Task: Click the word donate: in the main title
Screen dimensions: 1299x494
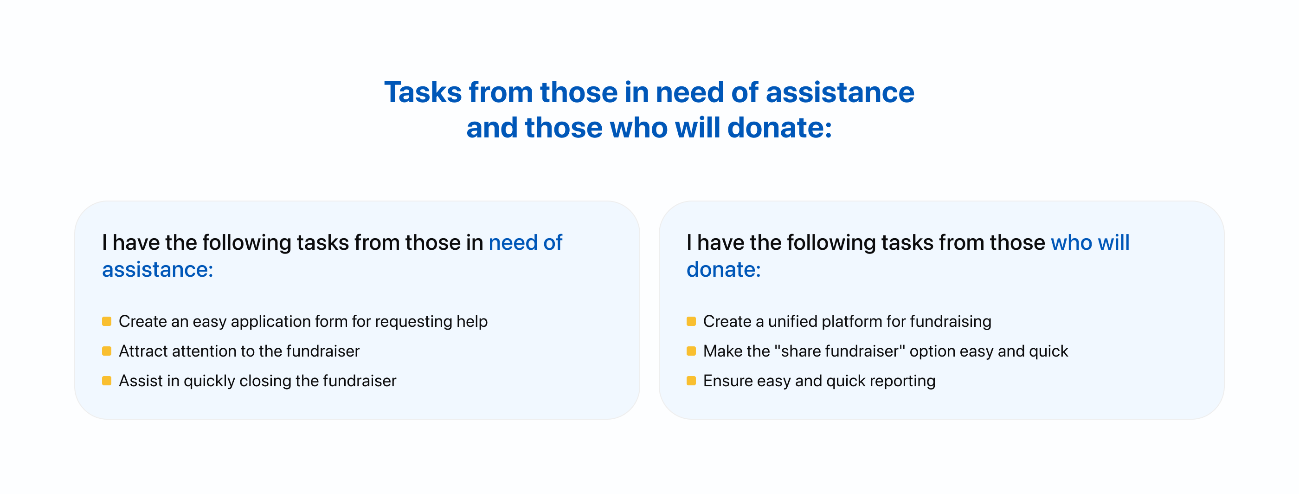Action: (779, 128)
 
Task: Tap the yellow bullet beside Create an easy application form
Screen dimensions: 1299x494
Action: (106, 321)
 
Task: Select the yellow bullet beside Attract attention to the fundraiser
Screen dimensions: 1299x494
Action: (106, 351)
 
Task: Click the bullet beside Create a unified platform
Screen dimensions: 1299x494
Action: (691, 321)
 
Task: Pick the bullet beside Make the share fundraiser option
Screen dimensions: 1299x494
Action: (691, 351)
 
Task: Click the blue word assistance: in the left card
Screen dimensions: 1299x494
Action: (158, 269)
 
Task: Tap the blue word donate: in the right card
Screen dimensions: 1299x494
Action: (724, 269)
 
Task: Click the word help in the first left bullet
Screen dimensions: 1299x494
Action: (472, 322)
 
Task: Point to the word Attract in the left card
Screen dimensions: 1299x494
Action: (143, 351)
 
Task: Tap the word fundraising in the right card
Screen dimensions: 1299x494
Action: (951, 322)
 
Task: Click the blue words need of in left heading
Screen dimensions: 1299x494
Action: (526, 243)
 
